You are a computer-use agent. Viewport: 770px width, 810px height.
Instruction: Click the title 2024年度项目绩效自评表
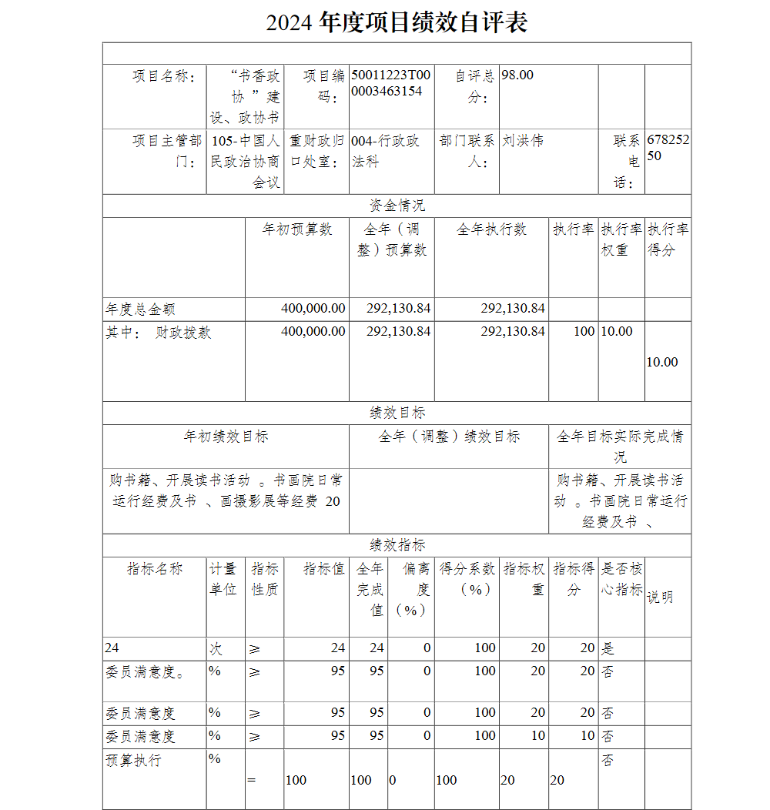click(397, 22)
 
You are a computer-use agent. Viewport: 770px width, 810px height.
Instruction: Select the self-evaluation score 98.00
click(517, 75)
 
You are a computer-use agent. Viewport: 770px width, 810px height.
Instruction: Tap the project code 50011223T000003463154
click(390, 83)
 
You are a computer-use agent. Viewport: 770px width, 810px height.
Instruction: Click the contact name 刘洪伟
click(523, 141)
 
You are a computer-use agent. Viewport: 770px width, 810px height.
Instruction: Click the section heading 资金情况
click(397, 206)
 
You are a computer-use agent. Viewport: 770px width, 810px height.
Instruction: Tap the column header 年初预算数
click(296, 229)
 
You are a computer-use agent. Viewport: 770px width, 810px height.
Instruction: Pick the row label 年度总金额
click(140, 310)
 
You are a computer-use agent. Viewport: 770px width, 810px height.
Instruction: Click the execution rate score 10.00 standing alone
click(662, 362)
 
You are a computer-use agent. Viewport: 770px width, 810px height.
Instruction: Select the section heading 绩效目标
click(397, 413)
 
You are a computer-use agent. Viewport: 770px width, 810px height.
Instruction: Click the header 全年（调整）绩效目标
click(448, 437)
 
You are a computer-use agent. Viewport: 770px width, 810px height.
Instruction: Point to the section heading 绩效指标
click(397, 545)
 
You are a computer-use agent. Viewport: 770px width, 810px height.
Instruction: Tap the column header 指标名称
click(155, 569)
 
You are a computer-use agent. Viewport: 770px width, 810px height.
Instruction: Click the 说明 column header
click(660, 597)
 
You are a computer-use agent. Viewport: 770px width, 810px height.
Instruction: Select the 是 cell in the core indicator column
click(608, 648)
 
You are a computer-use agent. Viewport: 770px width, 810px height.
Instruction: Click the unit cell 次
click(216, 648)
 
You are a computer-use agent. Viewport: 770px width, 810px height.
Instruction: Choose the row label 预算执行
click(133, 761)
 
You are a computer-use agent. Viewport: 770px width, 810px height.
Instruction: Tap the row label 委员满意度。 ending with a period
click(145, 672)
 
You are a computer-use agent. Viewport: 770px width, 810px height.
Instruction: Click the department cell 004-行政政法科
click(386, 151)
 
